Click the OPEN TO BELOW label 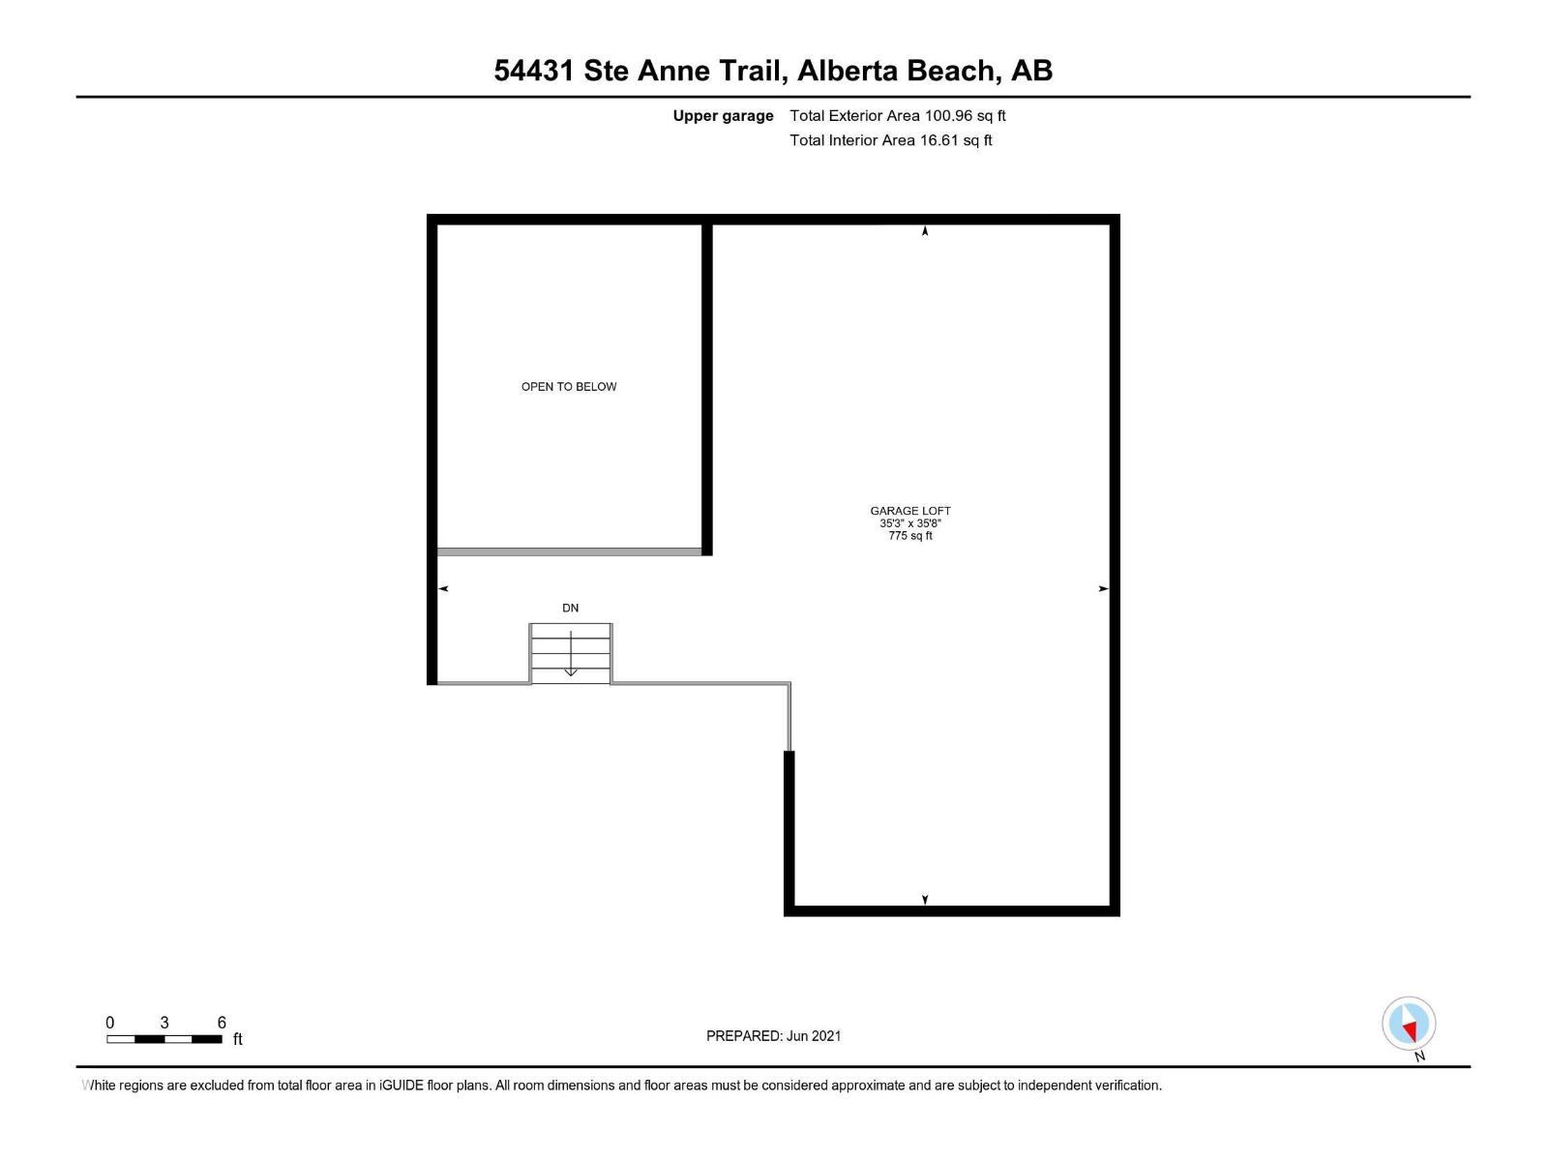click(569, 387)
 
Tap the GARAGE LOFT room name click(910, 511)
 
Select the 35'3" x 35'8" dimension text click(910, 523)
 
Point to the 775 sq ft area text click(910, 536)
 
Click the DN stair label click(571, 609)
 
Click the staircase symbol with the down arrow click(571, 654)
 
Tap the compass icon click(1409, 1024)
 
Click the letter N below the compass click(1419, 1057)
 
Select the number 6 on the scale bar click(222, 1023)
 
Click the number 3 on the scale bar click(164, 1023)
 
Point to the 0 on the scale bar click(110, 1023)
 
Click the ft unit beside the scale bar click(238, 1039)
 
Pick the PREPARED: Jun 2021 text click(774, 1036)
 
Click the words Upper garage click(724, 116)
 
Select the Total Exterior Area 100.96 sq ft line click(898, 116)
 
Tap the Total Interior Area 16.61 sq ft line click(891, 140)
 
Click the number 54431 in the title click(534, 71)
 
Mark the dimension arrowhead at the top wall click(925, 231)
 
